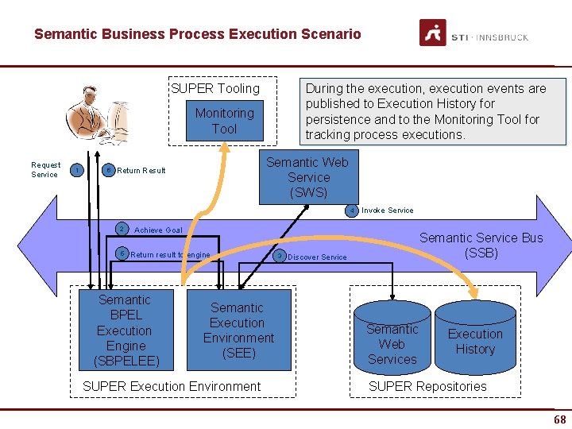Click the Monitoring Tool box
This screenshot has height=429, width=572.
click(224, 121)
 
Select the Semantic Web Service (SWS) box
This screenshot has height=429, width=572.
click(308, 177)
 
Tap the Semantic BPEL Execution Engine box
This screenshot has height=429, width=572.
click(125, 330)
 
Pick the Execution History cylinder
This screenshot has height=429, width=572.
click(475, 341)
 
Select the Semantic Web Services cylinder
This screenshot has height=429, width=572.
click(392, 343)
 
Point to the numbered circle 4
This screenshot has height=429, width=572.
click(351, 211)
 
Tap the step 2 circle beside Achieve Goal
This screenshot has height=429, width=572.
click(121, 229)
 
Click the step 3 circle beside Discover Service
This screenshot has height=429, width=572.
click(279, 256)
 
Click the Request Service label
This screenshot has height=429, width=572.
click(45, 170)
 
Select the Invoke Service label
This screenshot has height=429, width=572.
click(388, 211)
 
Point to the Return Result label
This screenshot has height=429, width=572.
click(141, 171)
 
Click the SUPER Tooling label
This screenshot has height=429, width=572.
click(215, 88)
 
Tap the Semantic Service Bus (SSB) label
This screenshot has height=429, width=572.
click(481, 245)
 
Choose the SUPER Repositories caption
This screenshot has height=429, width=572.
click(427, 387)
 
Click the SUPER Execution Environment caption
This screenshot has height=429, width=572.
click(172, 387)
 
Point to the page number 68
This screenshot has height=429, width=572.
click(559, 419)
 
